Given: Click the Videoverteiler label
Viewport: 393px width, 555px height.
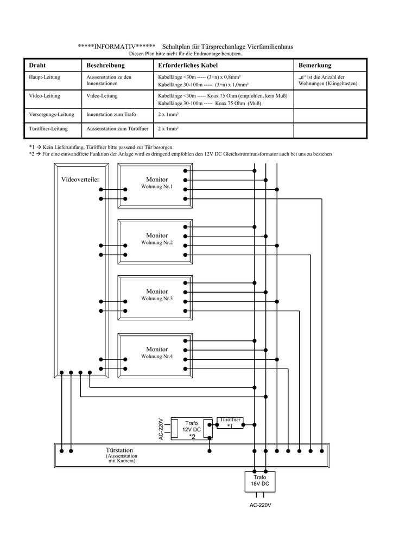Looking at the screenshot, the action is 80,179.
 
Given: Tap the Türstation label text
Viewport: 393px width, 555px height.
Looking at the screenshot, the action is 119,450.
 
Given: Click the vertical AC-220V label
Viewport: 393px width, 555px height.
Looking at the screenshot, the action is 161,429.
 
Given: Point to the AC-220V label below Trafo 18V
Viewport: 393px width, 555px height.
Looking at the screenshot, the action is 260,505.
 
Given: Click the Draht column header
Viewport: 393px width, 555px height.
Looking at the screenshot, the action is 37,65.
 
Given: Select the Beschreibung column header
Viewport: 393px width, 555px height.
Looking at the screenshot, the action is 106,65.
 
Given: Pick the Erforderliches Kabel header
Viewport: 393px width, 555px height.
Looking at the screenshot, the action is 188,65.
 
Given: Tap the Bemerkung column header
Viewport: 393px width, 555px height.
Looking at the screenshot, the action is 315,65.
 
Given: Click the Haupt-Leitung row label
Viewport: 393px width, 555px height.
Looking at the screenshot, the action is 45,77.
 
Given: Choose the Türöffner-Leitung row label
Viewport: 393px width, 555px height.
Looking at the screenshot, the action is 48,129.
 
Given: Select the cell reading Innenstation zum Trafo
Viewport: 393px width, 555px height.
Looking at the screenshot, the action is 111,114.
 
